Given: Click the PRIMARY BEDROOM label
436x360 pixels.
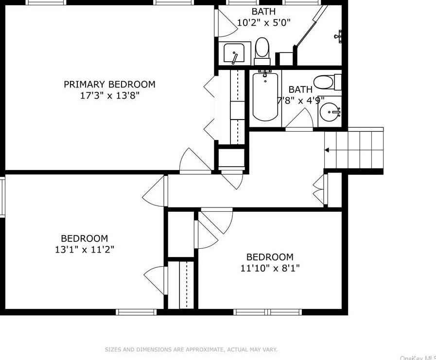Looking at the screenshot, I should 109,85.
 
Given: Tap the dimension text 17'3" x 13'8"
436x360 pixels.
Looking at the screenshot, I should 109,96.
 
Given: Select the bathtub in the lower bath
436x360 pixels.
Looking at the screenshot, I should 265,96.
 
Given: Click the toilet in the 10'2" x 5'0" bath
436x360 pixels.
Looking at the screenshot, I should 262,49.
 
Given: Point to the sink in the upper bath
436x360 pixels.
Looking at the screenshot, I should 234,53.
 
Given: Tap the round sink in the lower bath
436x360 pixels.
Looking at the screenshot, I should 330,113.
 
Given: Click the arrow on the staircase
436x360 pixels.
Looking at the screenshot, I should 328,150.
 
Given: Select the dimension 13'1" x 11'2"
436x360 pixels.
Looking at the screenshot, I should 84,250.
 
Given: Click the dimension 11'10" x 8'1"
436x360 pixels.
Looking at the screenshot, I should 270,268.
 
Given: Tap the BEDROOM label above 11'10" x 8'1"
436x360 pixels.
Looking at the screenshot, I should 270,257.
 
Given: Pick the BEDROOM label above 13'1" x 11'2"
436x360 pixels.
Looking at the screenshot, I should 84,239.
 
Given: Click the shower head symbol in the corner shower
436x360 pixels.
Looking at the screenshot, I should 339,35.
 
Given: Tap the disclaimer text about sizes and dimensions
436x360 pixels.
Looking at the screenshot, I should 191,349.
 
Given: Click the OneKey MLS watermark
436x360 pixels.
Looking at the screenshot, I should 418,358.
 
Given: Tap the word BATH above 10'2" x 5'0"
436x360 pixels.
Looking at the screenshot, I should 263,11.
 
